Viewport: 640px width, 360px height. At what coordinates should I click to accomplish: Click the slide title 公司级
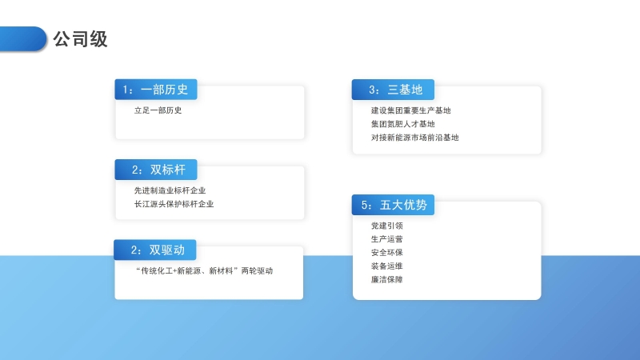click(x=81, y=39)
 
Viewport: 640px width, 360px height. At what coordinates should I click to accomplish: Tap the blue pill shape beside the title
click(x=23, y=38)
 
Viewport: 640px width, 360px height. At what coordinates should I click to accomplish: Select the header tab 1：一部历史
click(x=156, y=90)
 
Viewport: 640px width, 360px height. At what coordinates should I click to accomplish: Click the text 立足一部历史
click(x=158, y=110)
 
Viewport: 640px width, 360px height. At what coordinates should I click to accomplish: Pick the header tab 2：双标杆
click(x=156, y=170)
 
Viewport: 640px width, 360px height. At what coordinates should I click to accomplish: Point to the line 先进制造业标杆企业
click(x=170, y=190)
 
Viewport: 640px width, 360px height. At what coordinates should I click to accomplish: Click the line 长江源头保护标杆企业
click(x=174, y=204)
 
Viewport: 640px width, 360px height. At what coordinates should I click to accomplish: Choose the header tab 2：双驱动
click(x=155, y=250)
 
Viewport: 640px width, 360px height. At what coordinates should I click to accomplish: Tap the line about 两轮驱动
click(x=204, y=270)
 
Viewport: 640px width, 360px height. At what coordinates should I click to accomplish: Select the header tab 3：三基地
click(x=393, y=90)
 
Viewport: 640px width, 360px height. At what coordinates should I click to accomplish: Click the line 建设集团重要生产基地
click(x=410, y=110)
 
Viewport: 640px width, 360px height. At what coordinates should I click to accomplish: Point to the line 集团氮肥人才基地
click(x=403, y=124)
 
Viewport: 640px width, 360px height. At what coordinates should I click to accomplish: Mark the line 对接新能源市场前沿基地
click(x=414, y=138)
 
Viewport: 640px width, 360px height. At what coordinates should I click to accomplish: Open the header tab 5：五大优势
click(x=393, y=205)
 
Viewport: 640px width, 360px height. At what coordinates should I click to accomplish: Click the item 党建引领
click(x=387, y=226)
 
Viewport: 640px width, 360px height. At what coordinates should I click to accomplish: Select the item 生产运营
click(x=387, y=239)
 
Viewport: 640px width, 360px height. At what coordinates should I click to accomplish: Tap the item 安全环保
click(x=387, y=253)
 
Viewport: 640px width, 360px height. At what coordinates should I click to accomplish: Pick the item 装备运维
click(x=387, y=266)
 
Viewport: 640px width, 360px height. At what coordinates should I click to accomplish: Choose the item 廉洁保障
click(x=387, y=279)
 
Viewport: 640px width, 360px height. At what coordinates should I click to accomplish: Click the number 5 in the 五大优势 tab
click(x=365, y=205)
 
